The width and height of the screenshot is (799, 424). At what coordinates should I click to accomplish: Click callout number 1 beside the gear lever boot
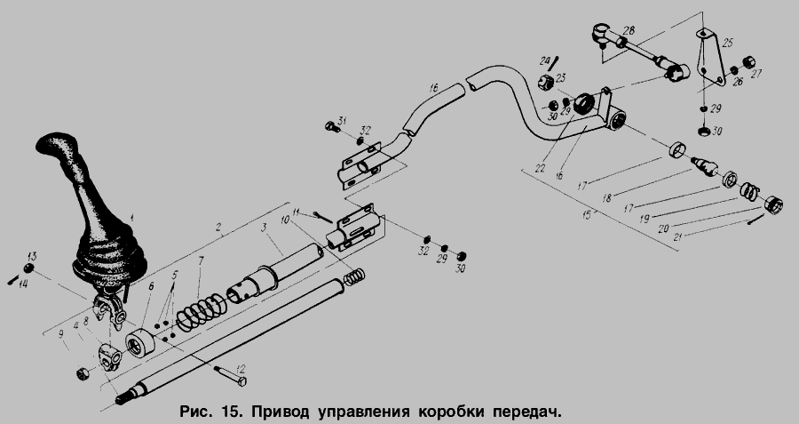[x=131, y=215]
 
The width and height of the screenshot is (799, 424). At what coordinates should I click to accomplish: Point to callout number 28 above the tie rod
[x=629, y=31]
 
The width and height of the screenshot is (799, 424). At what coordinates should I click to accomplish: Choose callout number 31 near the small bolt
[x=343, y=122]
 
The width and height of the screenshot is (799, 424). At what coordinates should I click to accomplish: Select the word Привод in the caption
[x=281, y=412]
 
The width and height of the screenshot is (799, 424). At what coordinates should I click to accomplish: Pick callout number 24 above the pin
[x=545, y=60]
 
